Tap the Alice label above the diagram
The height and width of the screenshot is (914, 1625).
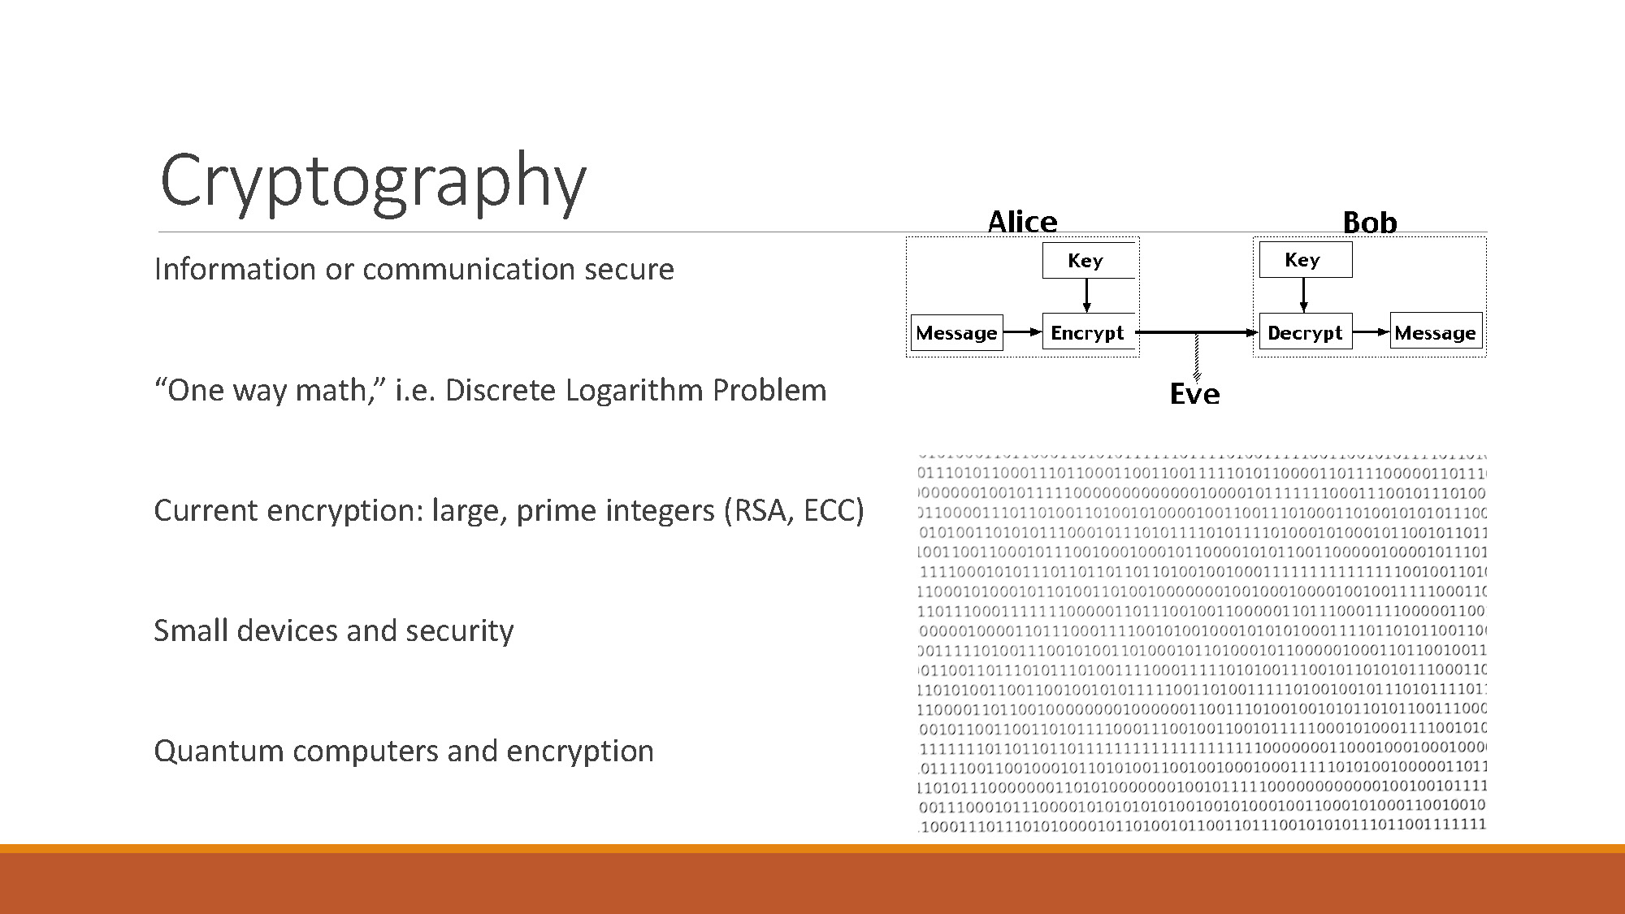(x=1022, y=222)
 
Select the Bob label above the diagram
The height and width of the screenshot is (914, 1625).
(x=1369, y=223)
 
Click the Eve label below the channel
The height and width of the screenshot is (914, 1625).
(x=1194, y=394)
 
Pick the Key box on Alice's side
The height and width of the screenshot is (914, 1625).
(x=1087, y=261)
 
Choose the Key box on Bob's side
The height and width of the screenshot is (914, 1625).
(x=1305, y=260)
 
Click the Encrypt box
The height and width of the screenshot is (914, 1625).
(x=1087, y=332)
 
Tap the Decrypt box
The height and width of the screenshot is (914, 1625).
(x=1305, y=332)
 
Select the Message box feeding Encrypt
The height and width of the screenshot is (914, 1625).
(x=956, y=333)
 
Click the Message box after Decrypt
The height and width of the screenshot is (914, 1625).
(x=1435, y=332)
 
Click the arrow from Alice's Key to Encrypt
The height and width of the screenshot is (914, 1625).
(x=1086, y=296)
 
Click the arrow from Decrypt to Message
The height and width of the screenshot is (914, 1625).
(x=1371, y=331)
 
